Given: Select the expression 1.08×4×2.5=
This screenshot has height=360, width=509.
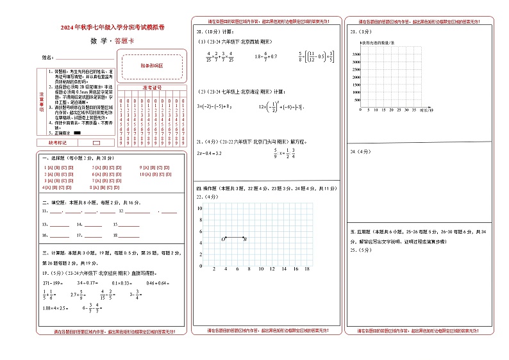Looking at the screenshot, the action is tap(55, 291).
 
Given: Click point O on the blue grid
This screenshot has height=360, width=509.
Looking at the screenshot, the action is tap(223, 239).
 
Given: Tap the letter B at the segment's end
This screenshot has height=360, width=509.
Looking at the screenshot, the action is tap(246, 239).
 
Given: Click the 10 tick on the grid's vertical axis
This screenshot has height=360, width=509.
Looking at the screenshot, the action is tap(200, 209).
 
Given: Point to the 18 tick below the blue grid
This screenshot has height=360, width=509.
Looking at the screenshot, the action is tap(306, 269).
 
